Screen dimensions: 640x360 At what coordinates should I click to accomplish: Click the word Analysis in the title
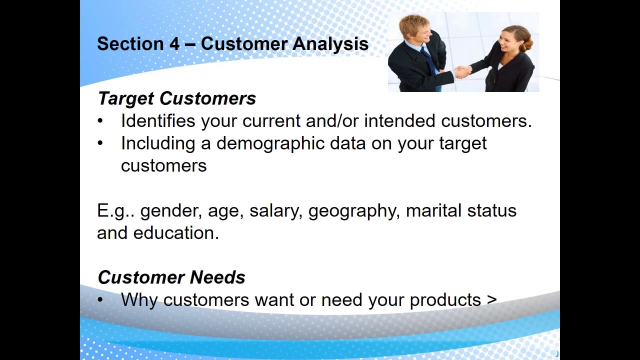pyautogui.click(x=330, y=44)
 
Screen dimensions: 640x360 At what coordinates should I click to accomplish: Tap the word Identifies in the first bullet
pyautogui.click(x=158, y=120)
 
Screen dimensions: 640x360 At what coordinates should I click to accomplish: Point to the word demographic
pyautogui.click(x=270, y=143)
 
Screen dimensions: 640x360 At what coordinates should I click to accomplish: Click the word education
pyautogui.click(x=176, y=232)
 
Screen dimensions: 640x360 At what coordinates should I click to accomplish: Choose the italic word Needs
pyautogui.click(x=217, y=277)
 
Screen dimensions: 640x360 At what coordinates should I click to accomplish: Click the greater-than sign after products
pyautogui.click(x=491, y=300)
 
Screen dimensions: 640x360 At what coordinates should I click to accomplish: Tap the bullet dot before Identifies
pyautogui.click(x=99, y=121)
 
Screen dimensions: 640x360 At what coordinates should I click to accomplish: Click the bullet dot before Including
pyautogui.click(x=99, y=143)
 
